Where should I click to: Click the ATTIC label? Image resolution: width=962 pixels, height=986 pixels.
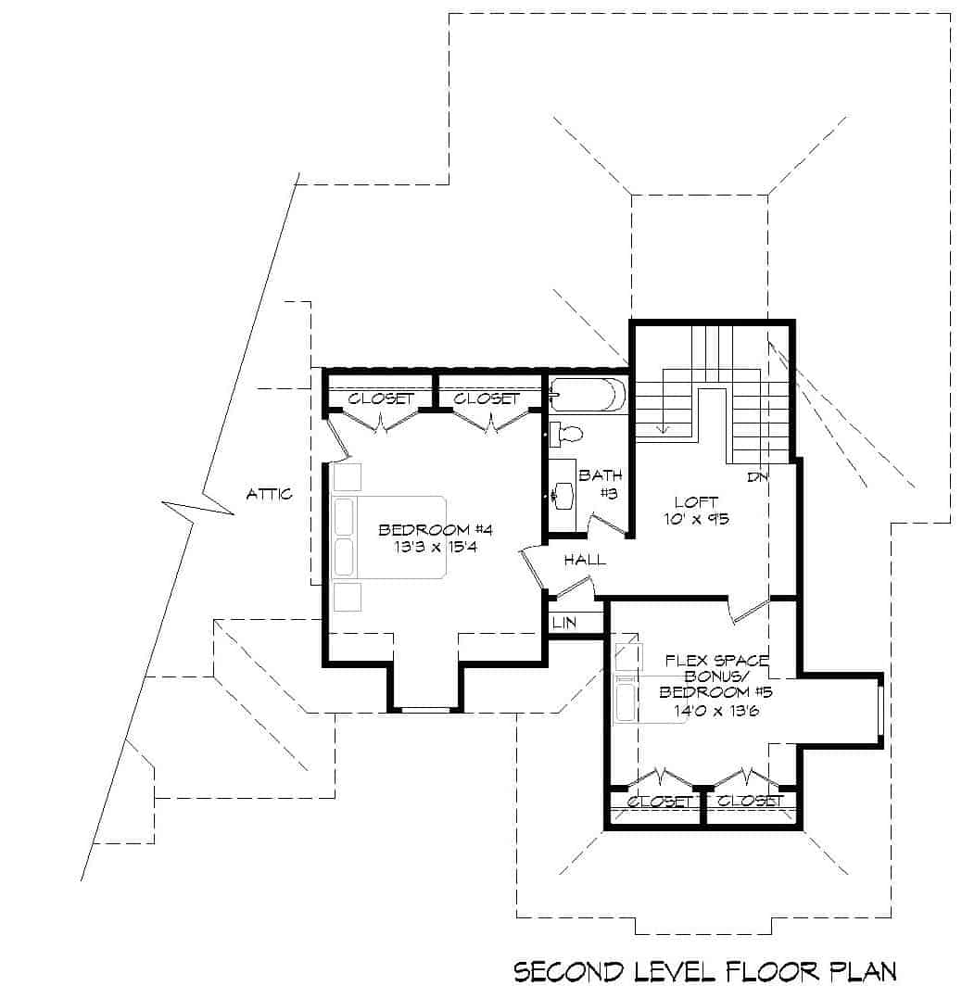pyautogui.click(x=269, y=494)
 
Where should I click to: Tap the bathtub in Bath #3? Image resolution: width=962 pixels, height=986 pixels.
pyautogui.click(x=588, y=396)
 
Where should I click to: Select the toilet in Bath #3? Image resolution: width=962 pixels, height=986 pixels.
pyautogui.click(x=566, y=433)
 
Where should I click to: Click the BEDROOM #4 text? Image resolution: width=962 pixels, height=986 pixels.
pyautogui.click(x=434, y=529)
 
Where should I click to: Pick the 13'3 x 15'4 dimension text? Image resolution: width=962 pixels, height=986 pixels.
pyautogui.click(x=434, y=547)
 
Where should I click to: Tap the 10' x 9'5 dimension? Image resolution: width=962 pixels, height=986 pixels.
pyautogui.click(x=697, y=519)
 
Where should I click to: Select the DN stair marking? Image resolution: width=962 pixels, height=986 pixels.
pyautogui.click(x=758, y=477)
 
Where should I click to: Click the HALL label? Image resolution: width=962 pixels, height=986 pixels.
pyautogui.click(x=584, y=559)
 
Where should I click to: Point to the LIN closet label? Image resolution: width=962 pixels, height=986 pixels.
pyautogui.click(x=564, y=623)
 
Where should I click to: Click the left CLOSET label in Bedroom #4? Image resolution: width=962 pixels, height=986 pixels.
pyautogui.click(x=381, y=398)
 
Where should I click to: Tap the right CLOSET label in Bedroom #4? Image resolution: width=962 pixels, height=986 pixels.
pyautogui.click(x=487, y=398)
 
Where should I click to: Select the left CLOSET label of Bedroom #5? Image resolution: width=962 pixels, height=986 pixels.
pyautogui.click(x=659, y=802)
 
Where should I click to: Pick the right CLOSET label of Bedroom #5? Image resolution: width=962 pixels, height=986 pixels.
pyautogui.click(x=751, y=802)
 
